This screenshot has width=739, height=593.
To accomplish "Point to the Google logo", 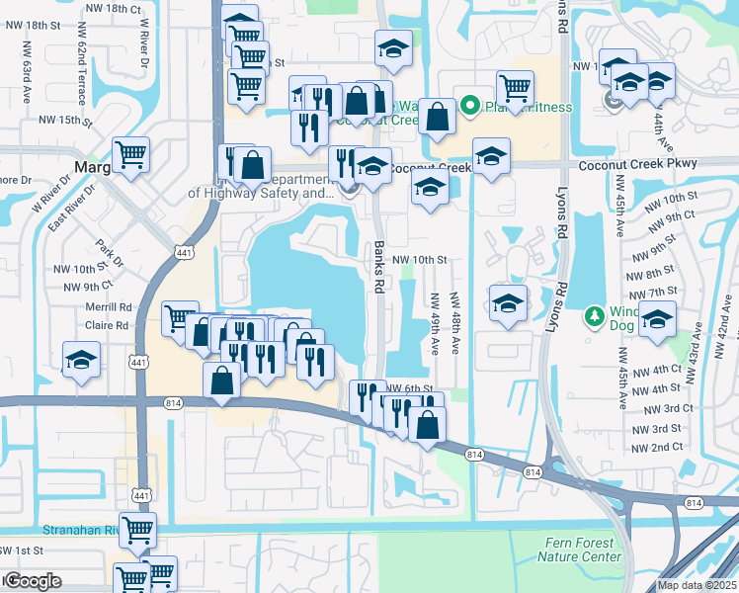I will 33,581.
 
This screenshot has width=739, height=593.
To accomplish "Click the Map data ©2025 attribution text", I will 697,585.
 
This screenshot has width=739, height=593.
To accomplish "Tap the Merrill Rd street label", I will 109,307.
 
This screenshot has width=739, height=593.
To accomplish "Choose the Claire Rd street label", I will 109,324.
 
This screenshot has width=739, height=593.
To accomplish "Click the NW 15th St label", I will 65,121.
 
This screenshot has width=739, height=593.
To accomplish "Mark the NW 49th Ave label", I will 434,324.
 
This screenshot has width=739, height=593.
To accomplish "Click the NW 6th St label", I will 409,388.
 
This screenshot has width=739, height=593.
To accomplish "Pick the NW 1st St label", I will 23,550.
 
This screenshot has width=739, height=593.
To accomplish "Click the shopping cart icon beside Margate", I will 131,154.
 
